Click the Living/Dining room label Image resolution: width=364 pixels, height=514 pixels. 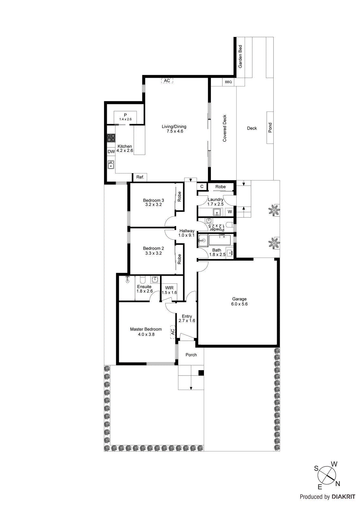[174, 127]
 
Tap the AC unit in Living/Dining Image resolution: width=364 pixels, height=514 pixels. [167, 81]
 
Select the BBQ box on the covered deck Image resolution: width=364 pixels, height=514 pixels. [228, 82]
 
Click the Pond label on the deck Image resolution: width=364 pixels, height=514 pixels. [270, 128]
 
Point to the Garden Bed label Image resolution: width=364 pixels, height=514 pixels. [240, 57]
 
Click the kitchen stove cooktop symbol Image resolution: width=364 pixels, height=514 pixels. [111, 138]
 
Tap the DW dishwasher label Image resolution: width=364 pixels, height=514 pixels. [111, 152]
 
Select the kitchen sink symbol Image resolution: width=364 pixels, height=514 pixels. [111, 165]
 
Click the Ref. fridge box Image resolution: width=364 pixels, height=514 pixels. [140, 177]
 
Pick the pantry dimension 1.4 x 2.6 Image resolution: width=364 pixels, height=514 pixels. [126, 119]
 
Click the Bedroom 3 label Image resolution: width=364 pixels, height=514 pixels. [154, 200]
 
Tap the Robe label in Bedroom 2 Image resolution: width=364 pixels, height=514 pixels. [179, 259]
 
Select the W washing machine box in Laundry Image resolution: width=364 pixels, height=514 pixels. [230, 212]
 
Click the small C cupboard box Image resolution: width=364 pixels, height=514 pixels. [202, 186]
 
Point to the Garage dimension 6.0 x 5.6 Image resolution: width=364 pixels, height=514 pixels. [239, 304]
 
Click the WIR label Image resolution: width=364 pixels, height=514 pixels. [169, 288]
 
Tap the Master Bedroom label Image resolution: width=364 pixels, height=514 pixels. [146, 329]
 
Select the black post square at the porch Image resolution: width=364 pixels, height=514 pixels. [201, 373]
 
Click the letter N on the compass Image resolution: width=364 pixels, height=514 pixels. [338, 484]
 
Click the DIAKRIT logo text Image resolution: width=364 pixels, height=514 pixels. [343, 497]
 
